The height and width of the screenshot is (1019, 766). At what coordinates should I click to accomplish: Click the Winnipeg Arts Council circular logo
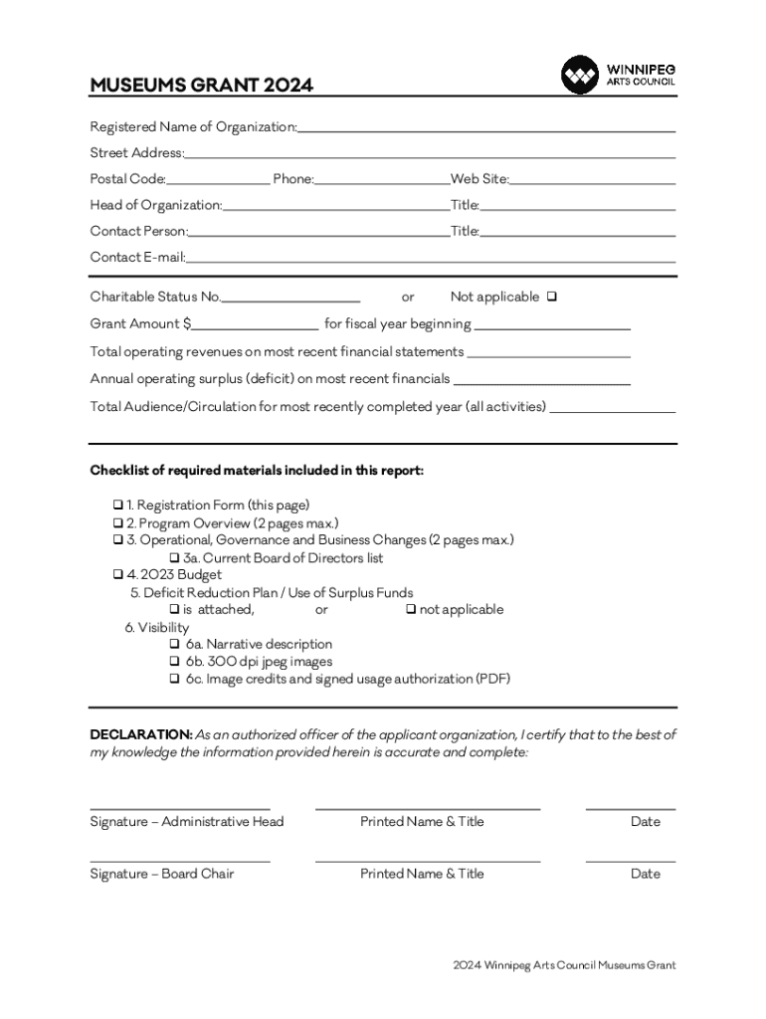point(580,76)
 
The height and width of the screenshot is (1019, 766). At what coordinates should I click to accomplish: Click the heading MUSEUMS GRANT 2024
point(202,86)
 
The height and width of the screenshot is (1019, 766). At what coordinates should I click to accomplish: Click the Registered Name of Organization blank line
point(486,126)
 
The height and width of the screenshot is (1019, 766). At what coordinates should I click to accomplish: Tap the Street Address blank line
point(430,152)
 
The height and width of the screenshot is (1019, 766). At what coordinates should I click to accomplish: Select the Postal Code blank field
point(218,179)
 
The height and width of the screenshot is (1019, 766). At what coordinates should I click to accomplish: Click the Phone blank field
point(382,179)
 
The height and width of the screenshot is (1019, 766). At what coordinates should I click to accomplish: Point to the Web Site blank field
point(593,179)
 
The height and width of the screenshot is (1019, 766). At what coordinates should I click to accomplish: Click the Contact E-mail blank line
point(431,257)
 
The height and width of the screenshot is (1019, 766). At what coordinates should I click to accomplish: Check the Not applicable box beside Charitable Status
point(552,297)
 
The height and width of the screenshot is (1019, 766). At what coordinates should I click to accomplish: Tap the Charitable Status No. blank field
point(290,297)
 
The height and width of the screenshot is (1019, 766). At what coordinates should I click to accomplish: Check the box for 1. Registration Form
point(117,506)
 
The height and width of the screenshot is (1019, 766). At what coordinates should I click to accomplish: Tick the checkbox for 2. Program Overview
point(117,523)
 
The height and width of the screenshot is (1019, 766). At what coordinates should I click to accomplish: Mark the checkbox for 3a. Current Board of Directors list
point(174,558)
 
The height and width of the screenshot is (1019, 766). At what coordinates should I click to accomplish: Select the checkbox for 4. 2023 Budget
point(117,575)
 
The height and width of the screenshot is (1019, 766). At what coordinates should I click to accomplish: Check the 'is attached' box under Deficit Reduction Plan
point(174,610)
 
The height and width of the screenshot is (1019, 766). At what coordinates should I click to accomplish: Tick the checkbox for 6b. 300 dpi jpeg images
point(174,662)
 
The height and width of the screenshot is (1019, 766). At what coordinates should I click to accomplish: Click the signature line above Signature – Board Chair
point(179,860)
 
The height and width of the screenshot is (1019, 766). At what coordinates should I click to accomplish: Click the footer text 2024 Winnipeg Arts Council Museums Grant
point(563,965)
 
